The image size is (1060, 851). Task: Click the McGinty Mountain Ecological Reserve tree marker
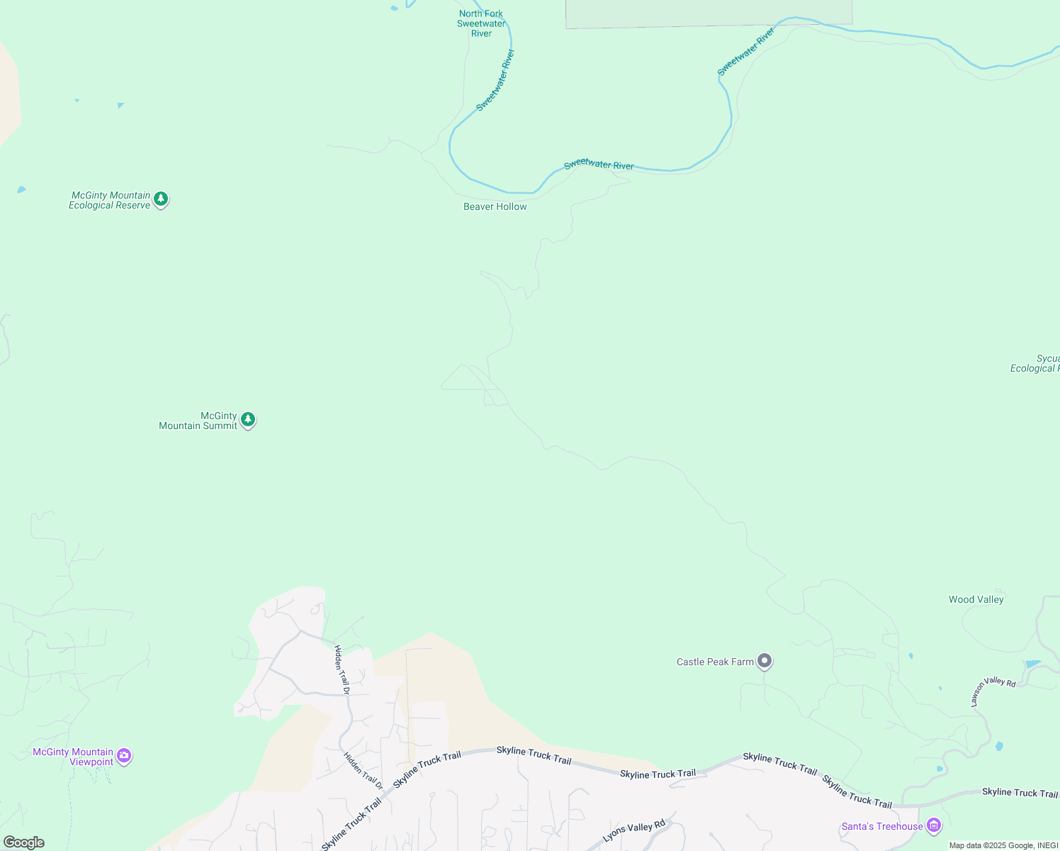[x=161, y=199]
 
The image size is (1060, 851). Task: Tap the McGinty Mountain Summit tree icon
[x=247, y=420]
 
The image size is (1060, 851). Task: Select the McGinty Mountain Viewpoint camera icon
[x=124, y=756]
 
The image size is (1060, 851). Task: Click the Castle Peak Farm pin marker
[x=764, y=661]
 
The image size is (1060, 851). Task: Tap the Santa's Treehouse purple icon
[x=934, y=825]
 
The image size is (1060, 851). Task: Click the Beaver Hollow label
[x=495, y=206]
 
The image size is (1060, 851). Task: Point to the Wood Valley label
[x=976, y=599]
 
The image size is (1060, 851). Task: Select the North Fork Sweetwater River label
[x=481, y=23]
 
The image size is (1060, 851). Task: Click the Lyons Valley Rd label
[x=633, y=830]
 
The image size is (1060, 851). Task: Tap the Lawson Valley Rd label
[x=993, y=691]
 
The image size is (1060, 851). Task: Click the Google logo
[x=23, y=842]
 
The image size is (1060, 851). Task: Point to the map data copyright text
[x=1003, y=845]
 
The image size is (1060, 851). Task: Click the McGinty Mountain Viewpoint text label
[x=73, y=757]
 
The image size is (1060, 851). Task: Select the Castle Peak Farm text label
[x=715, y=662]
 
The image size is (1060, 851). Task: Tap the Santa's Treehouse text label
[x=882, y=826]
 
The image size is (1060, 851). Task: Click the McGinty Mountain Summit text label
[x=198, y=421]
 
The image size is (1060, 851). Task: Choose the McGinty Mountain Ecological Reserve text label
[x=110, y=200]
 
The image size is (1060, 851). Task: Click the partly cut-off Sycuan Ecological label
[x=1035, y=363]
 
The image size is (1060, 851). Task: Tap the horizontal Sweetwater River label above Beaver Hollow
[x=599, y=165]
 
